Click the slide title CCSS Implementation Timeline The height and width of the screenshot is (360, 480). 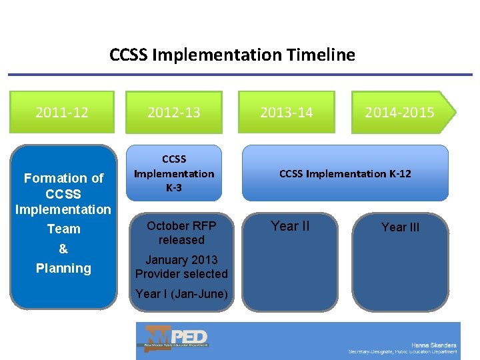coord(232,55)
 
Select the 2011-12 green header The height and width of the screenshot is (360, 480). coord(62,112)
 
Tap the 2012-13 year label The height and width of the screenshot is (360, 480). coord(174,112)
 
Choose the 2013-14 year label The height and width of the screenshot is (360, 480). coord(286,112)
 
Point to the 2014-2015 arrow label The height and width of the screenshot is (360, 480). coord(399,112)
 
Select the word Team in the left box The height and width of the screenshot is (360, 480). coord(63,229)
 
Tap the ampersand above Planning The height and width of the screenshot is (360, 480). coord(63,249)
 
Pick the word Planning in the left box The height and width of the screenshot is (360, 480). coord(63,268)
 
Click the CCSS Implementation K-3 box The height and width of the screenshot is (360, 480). coord(174,173)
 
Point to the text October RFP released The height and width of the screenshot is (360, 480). coord(181,233)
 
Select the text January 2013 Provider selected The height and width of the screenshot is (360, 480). coord(181,267)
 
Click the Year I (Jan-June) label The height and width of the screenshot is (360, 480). coord(181,294)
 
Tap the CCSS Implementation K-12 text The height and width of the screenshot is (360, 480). coord(345,174)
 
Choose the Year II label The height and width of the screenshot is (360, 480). coord(290,226)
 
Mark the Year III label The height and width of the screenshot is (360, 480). coord(400,227)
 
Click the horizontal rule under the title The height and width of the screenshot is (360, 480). coord(240,75)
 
